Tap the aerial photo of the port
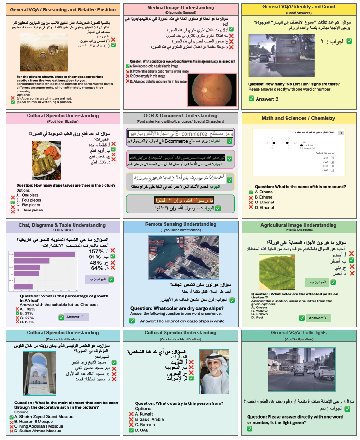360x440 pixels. pos(179,258)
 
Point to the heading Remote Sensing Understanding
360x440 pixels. pos(180,224)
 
